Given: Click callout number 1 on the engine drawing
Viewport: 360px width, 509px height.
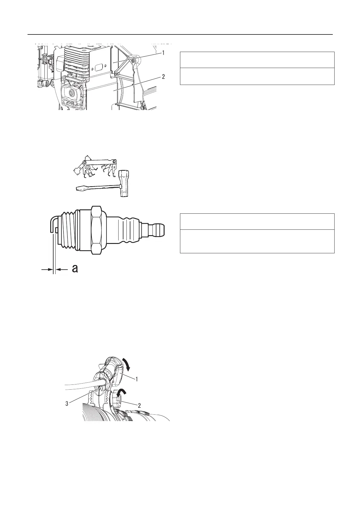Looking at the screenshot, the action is [163, 53].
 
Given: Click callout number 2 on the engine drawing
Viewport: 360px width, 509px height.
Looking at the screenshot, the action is [163, 77].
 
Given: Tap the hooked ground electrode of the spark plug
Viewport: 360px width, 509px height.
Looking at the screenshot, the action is [52, 224].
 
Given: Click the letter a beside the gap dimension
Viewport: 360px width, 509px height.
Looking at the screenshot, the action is [75, 269].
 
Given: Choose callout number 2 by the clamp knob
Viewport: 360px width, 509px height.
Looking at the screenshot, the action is [139, 406].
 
